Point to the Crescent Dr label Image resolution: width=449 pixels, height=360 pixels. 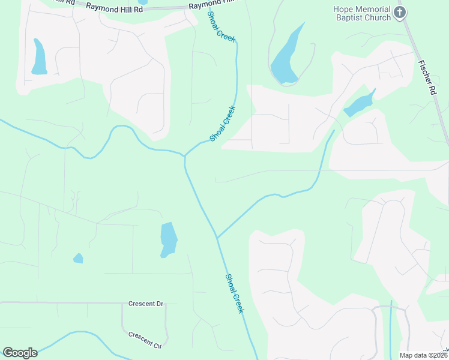tap(146, 304)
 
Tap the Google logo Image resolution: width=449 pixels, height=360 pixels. tap(20, 353)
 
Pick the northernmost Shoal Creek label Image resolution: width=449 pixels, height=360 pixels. tap(221, 26)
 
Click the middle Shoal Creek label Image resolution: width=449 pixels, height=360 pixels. tap(223, 124)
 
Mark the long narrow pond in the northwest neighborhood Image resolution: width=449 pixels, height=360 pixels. tap(39, 57)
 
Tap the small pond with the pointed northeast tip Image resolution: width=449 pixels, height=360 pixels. tap(359, 104)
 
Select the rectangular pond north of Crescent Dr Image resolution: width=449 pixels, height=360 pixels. tap(169, 239)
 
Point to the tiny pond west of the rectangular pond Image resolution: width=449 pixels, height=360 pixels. tap(78, 259)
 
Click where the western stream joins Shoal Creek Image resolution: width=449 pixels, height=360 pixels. tap(184, 156)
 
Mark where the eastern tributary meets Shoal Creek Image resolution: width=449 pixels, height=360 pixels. tap(217, 236)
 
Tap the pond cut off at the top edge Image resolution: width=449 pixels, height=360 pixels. tap(142, 2)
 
